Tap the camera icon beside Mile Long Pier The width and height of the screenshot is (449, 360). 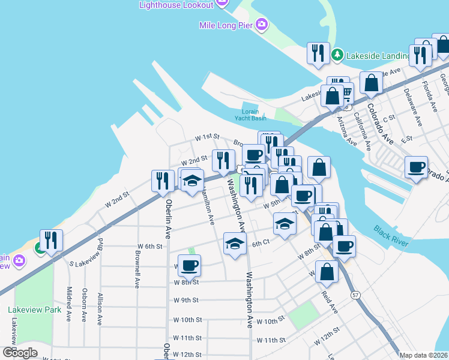tap(261, 25)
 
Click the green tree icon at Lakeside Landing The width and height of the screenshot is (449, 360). tap(338, 55)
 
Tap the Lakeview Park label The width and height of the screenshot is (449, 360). tap(35, 310)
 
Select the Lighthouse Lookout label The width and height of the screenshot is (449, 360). tap(176, 5)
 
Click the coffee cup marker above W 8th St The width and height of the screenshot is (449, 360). tap(190, 265)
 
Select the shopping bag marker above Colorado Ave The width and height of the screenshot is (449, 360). tap(372, 83)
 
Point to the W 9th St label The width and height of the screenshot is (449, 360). tap(185, 300)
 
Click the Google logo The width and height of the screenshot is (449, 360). tap(20, 352)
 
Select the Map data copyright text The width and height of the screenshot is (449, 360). tap(423, 355)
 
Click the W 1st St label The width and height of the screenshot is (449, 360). tap(206, 137)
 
